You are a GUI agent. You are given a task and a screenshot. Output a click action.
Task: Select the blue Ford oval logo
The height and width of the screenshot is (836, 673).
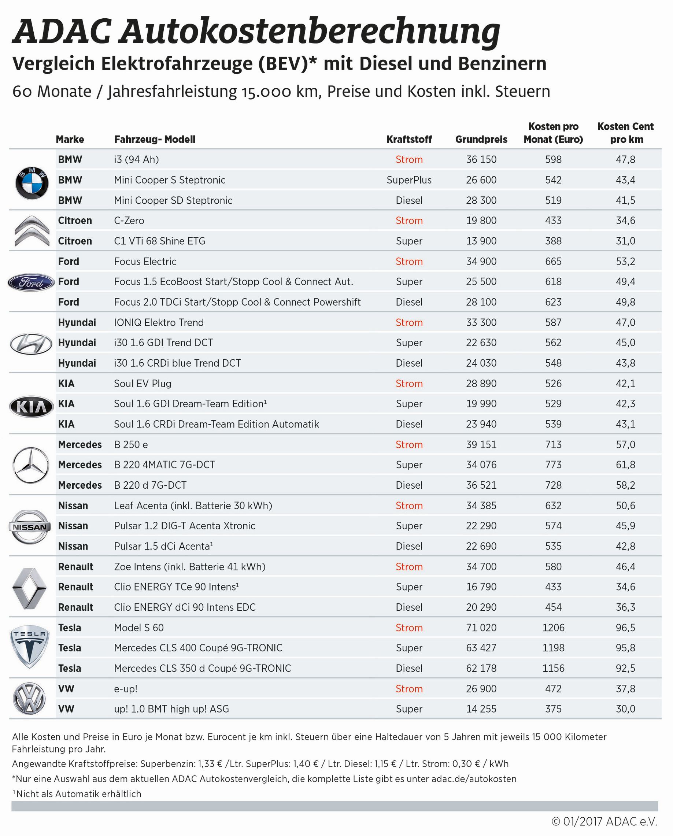tap(31, 282)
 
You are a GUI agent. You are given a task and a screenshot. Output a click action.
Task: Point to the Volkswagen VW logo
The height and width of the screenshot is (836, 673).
tap(29, 698)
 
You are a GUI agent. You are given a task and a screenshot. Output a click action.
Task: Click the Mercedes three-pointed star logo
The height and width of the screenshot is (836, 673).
tap(31, 465)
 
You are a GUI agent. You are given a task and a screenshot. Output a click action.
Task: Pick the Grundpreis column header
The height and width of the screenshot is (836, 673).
tap(481, 139)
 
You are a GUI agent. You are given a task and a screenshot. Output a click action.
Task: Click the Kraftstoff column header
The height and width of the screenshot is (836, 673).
tap(409, 139)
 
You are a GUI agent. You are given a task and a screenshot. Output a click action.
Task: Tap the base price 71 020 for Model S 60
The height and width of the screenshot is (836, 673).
tap(481, 628)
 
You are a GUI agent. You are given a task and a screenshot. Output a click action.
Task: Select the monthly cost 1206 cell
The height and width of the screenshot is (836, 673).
tap(553, 628)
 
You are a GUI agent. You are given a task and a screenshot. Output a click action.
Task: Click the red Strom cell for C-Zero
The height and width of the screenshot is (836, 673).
tap(409, 220)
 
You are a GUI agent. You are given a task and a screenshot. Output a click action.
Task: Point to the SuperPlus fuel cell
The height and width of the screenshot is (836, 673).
tap(409, 180)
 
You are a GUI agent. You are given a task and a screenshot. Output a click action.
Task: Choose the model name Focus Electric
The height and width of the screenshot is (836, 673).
tap(145, 261)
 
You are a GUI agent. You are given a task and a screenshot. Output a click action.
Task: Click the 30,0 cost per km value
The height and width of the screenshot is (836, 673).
tap(625, 709)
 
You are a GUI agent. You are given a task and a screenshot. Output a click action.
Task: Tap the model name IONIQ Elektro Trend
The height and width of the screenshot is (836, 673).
tap(159, 322)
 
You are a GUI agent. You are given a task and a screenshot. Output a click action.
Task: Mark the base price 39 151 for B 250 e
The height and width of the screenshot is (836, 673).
tap(481, 444)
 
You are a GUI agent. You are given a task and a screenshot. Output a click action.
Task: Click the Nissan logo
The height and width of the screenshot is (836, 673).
tap(30, 526)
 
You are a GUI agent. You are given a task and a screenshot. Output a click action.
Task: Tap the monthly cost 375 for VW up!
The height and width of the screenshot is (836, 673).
tap(553, 709)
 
